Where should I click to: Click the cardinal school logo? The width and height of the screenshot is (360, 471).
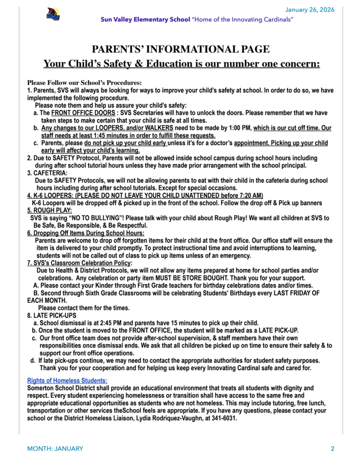[x=53, y=14]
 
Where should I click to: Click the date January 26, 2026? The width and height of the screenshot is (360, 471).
[x=310, y=10]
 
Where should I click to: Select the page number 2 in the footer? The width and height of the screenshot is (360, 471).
[x=332, y=448]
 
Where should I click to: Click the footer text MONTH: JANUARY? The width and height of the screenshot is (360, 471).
[x=55, y=448]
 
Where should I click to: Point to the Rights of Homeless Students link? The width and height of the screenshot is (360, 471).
[x=67, y=380]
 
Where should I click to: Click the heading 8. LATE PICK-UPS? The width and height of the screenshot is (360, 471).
[x=51, y=316]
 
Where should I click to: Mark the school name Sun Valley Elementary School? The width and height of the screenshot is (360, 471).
[x=145, y=19]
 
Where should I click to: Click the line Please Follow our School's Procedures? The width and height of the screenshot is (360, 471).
[x=84, y=83]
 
